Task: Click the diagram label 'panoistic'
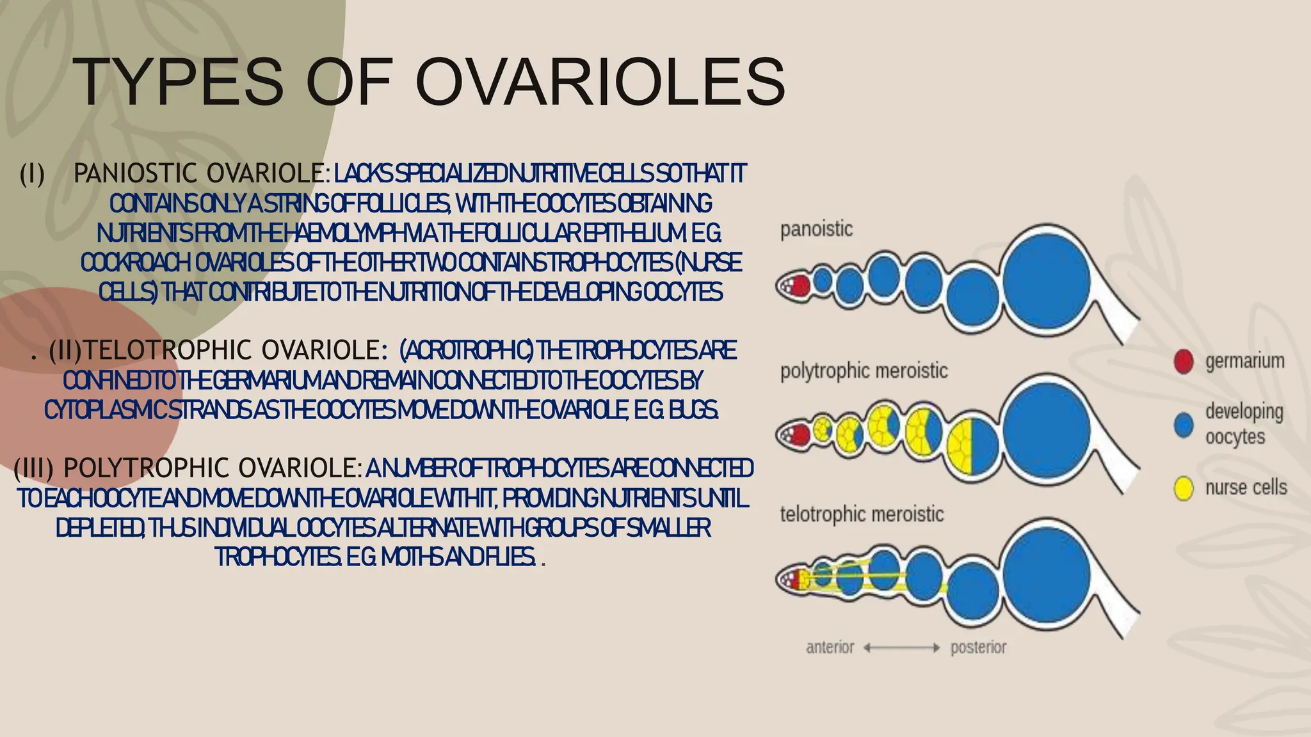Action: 816,228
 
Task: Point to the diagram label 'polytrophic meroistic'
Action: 864,371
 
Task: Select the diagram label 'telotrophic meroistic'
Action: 862,514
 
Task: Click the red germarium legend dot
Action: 1184,361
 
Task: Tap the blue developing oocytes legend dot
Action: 1184,425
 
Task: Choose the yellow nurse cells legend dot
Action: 1184,489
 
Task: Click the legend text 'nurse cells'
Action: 1246,488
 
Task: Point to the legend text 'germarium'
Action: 1244,361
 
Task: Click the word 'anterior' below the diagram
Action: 830,647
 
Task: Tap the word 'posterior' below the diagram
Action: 978,647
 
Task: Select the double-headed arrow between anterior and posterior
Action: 901,648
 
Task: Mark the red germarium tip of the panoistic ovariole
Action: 798,285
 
